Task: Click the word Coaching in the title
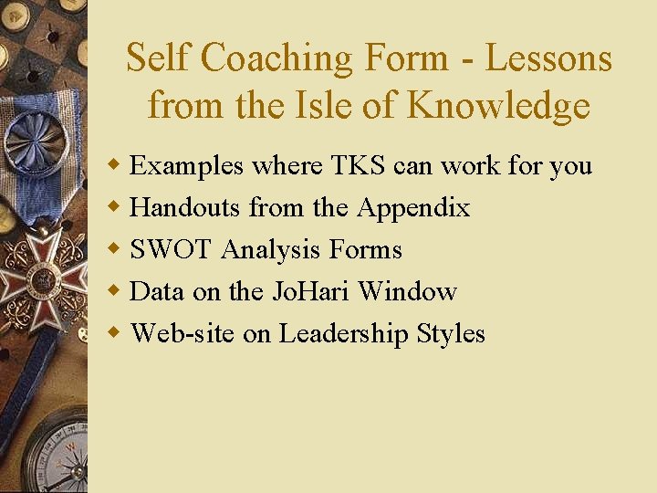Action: (x=276, y=58)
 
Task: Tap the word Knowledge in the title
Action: (x=498, y=107)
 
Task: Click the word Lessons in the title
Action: (x=547, y=58)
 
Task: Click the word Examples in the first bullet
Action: (x=187, y=166)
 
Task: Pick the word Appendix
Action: (x=413, y=208)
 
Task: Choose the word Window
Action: (x=408, y=292)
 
